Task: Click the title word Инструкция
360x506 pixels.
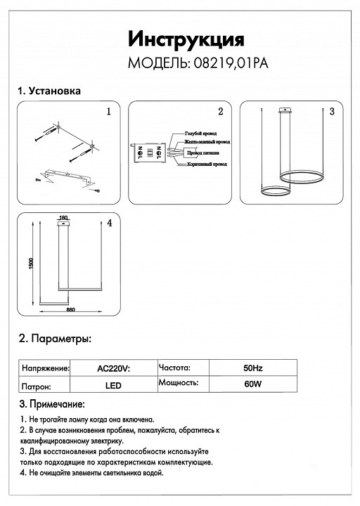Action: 186,38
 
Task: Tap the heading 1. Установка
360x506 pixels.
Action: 49,92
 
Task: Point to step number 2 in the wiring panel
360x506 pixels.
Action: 220,112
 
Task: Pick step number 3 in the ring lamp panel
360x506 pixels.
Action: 332,112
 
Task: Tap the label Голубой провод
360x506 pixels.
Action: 200,133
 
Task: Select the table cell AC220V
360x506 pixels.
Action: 113,368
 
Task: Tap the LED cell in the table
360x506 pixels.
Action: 113,386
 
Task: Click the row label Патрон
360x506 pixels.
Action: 37,386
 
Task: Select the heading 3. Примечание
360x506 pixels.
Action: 52,405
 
